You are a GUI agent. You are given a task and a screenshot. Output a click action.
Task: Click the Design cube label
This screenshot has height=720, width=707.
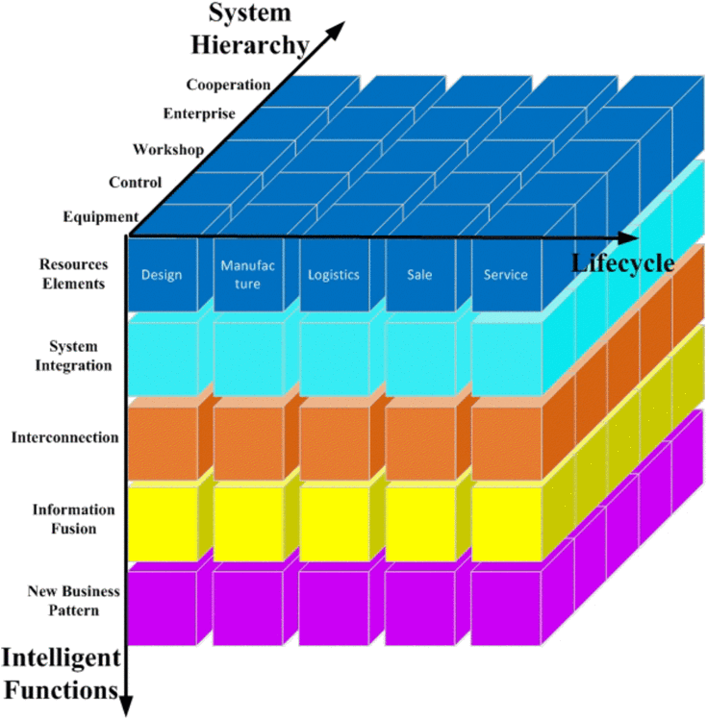pos(162,275)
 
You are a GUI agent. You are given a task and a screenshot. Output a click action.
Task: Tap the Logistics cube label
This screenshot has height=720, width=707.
pos(333,275)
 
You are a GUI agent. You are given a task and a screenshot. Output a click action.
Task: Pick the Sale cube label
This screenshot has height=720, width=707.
pos(419,275)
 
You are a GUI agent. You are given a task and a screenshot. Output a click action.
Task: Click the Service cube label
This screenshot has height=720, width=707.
pos(506,275)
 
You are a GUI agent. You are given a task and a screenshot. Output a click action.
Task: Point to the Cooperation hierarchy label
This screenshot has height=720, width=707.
pos(229,86)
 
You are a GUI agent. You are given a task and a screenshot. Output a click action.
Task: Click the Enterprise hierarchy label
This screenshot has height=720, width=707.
pos(199,114)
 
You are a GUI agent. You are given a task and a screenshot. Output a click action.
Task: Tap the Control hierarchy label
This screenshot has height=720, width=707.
pos(136,182)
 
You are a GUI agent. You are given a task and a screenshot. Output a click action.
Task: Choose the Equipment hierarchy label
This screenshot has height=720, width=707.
pos(101,216)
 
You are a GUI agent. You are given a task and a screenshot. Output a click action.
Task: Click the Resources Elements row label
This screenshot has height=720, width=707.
pos(74,274)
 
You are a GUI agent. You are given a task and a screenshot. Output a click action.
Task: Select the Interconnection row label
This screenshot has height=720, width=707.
pos(65,437)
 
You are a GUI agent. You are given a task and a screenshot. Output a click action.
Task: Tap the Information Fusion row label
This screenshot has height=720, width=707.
pos(73,519)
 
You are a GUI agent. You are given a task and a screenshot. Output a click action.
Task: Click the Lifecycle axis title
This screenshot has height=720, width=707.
pos(621,262)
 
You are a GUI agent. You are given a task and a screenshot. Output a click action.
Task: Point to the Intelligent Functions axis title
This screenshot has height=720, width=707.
pos(61,673)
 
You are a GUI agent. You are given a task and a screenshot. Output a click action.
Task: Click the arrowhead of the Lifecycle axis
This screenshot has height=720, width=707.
pos(629,236)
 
